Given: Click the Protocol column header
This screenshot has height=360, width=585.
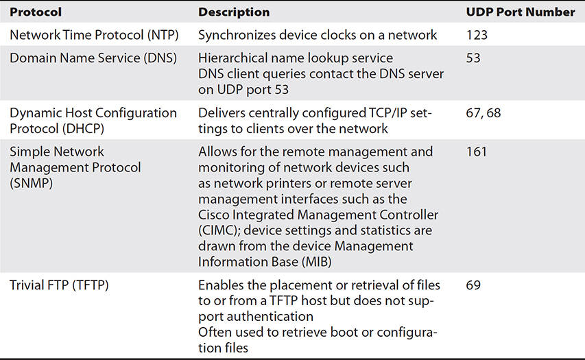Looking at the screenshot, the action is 36,12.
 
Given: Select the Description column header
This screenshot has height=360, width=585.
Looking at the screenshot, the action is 234,12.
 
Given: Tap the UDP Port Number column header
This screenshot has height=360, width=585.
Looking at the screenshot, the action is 521,12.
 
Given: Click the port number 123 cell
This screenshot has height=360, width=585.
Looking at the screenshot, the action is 477,35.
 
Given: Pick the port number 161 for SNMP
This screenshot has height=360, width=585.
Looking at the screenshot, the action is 477,152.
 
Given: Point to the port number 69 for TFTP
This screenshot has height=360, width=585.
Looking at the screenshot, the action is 473,285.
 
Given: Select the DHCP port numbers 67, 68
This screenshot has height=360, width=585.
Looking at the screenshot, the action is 483,113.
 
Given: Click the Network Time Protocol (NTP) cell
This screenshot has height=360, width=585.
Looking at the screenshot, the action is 94,35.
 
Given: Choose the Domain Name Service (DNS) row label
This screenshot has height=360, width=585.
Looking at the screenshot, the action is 93,58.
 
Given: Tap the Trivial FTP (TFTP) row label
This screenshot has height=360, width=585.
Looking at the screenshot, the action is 59,285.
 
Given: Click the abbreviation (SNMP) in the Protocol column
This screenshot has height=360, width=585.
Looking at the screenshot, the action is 32,184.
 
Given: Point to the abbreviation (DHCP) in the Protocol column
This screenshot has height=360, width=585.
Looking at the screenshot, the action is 83,129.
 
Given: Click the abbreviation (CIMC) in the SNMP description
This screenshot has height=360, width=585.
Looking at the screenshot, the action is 219,230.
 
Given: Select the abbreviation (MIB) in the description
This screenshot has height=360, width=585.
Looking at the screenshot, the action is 317,262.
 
